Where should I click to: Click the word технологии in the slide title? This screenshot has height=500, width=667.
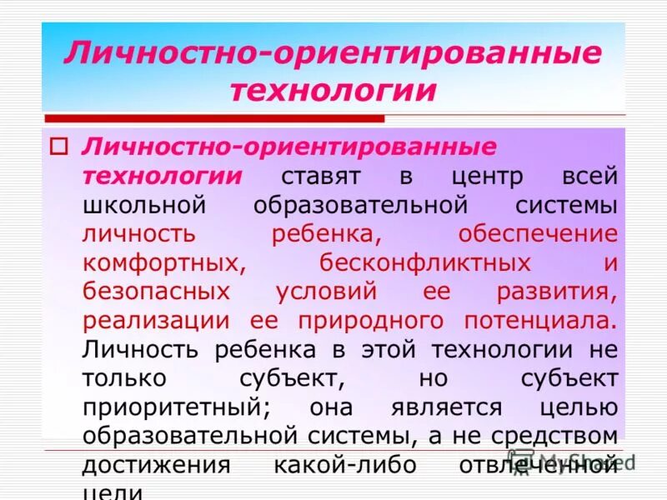(x=333, y=89)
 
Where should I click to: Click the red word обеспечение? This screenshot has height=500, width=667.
(x=537, y=234)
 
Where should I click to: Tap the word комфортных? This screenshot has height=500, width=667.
(x=163, y=262)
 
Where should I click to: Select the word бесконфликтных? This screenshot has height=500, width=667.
(x=425, y=262)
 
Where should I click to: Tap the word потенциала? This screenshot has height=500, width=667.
(x=533, y=321)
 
